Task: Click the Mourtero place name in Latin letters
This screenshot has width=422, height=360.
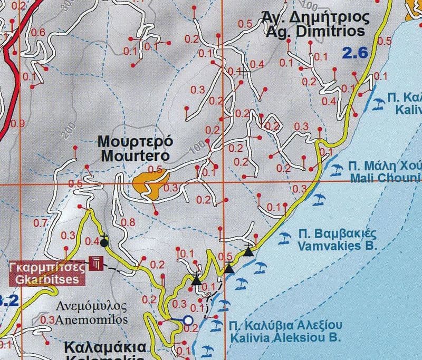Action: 135,156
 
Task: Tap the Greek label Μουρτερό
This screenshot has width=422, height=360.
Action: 135,142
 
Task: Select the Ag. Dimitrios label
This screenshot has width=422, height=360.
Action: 315,32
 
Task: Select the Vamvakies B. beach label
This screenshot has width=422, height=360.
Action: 336,246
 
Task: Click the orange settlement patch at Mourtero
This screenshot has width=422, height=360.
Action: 149,184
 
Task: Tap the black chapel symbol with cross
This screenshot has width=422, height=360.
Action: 104,242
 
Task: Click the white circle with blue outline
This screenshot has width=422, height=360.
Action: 188,319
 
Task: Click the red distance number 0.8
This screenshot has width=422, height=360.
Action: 128,222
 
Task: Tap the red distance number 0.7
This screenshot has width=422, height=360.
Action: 41,223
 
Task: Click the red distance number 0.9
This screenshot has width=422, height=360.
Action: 17,124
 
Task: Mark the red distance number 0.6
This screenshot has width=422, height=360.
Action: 39,33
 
